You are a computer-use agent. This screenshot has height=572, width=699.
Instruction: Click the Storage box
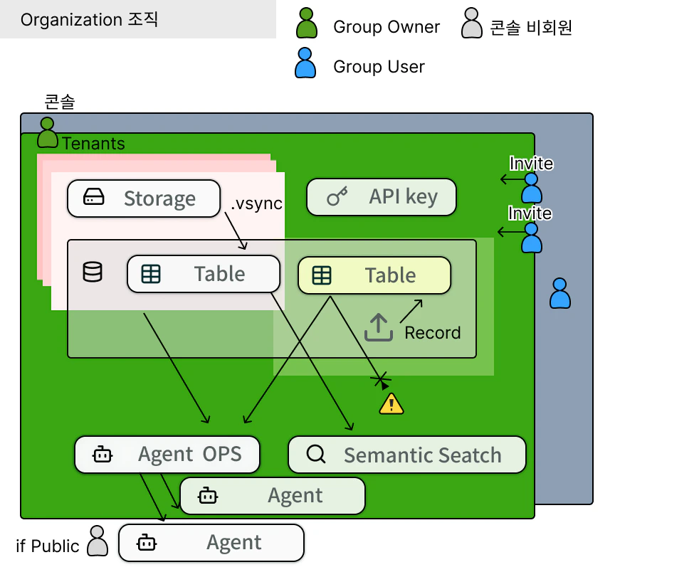(143, 198)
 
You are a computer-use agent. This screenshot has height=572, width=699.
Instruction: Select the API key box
(381, 197)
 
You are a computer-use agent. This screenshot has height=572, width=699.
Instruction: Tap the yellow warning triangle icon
(391, 404)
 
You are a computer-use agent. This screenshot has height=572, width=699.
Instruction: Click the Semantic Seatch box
(406, 455)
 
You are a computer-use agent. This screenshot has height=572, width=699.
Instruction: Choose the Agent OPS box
(167, 454)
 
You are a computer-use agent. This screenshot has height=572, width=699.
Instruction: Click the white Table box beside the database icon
(204, 274)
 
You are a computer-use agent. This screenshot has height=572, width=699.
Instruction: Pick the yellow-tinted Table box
(374, 275)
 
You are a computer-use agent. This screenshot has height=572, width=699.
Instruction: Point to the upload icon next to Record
(379, 327)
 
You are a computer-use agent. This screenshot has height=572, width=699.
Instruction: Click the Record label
(432, 332)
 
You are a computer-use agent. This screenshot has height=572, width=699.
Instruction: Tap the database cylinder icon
(93, 272)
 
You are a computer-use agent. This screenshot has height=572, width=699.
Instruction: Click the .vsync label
(256, 203)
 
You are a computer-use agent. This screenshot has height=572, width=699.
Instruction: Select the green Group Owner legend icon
(307, 23)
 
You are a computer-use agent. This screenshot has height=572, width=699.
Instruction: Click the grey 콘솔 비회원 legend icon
(471, 23)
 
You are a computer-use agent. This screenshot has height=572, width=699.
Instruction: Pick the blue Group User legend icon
(305, 63)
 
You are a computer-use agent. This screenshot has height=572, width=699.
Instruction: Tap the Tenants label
(93, 144)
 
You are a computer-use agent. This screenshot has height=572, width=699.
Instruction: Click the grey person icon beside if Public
(98, 541)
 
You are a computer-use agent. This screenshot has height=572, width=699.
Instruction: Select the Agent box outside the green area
(211, 543)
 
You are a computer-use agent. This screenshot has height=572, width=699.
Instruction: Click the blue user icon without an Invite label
(560, 293)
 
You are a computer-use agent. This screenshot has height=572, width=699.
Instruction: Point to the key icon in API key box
(337, 197)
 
